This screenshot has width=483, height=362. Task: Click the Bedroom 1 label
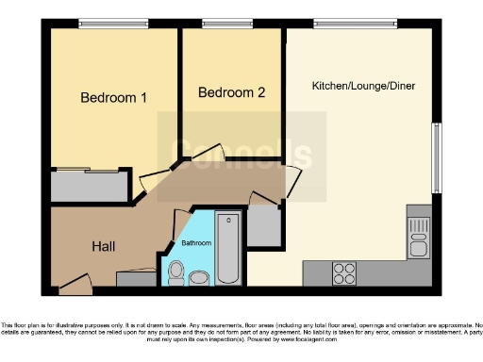[x=113, y=98]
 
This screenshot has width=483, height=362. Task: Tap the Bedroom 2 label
[x=231, y=92]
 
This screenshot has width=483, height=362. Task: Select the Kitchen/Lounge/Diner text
[x=363, y=86]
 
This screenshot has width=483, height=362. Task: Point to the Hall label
[x=104, y=246]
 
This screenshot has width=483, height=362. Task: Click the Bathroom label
[x=196, y=243]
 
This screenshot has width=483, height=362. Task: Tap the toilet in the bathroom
[x=175, y=272]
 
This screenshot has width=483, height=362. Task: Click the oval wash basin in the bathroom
[x=199, y=278]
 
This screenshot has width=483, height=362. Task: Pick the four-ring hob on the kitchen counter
[x=344, y=272]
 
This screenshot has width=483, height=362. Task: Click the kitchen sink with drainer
[x=418, y=238]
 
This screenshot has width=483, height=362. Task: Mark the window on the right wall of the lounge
[x=436, y=156]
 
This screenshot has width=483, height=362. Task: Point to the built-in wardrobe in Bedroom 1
[x=91, y=187]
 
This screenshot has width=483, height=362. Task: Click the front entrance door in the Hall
[x=74, y=280]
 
